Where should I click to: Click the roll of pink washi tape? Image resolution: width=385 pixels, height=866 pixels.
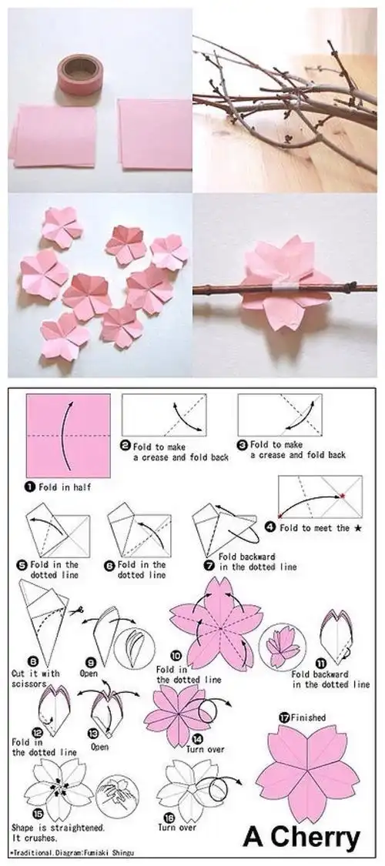(x=81, y=75)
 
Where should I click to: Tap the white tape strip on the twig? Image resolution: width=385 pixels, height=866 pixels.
(x=284, y=288)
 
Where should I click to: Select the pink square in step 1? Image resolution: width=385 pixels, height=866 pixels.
(x=68, y=436)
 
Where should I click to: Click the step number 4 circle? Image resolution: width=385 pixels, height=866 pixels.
(x=269, y=527)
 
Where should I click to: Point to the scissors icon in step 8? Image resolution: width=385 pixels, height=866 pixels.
(x=78, y=610)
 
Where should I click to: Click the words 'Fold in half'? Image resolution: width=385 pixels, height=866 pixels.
(x=65, y=486)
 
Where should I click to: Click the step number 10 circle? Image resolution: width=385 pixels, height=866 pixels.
(x=176, y=656)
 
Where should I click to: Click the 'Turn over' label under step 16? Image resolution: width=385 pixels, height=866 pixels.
(x=177, y=828)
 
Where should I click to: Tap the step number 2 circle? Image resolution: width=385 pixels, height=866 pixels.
(x=126, y=446)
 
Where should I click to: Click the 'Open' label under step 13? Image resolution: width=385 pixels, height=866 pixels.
(x=100, y=747)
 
